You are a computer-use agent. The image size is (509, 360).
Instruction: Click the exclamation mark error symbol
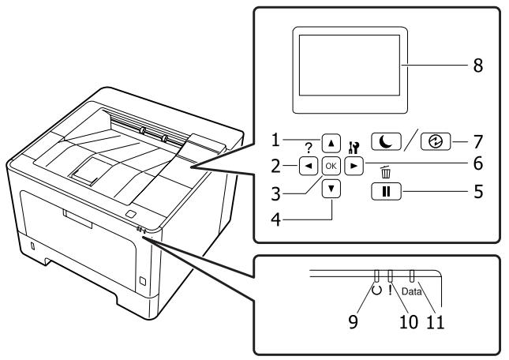391,289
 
